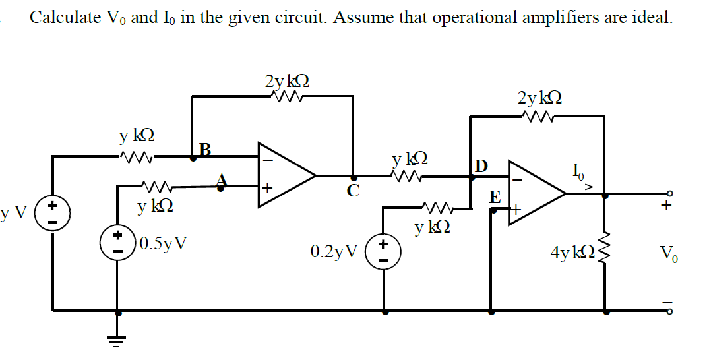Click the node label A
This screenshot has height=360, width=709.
(x=222, y=179)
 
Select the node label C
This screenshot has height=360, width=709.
(x=354, y=191)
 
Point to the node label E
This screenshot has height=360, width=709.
(x=494, y=197)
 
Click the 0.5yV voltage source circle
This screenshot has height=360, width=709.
(x=119, y=242)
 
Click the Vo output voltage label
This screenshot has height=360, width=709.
(x=667, y=254)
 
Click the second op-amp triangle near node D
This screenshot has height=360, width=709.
(x=533, y=193)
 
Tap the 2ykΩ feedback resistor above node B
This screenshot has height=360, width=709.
(x=286, y=97)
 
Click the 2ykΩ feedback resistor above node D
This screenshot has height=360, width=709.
(x=539, y=115)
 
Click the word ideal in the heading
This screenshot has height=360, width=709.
(x=651, y=17)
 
